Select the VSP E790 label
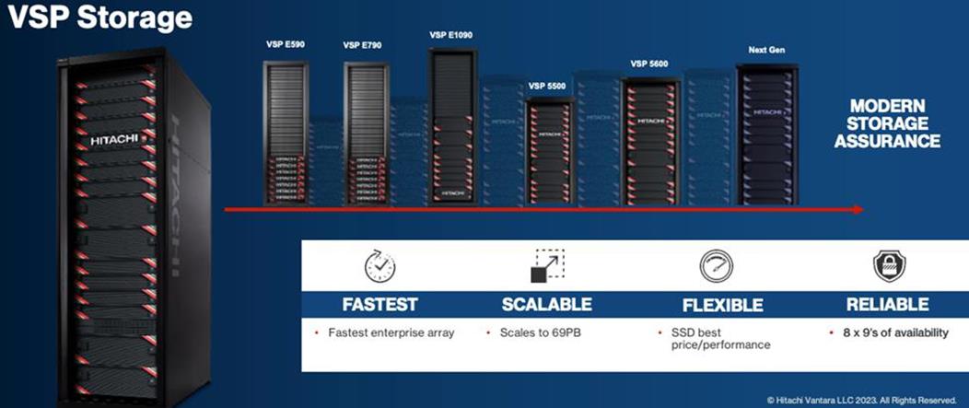click(x=362, y=44)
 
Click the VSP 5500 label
click(x=547, y=87)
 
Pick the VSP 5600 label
click(x=649, y=64)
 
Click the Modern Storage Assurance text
click(x=894, y=123)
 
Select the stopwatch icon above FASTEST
click(x=380, y=266)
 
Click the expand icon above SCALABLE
click(x=546, y=266)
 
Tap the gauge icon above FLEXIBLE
click(x=716, y=266)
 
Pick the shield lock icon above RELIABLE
click(x=889, y=266)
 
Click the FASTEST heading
click(x=380, y=304)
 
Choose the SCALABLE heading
click(x=546, y=304)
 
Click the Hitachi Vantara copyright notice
click(x=863, y=399)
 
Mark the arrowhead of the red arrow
click(x=858, y=210)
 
